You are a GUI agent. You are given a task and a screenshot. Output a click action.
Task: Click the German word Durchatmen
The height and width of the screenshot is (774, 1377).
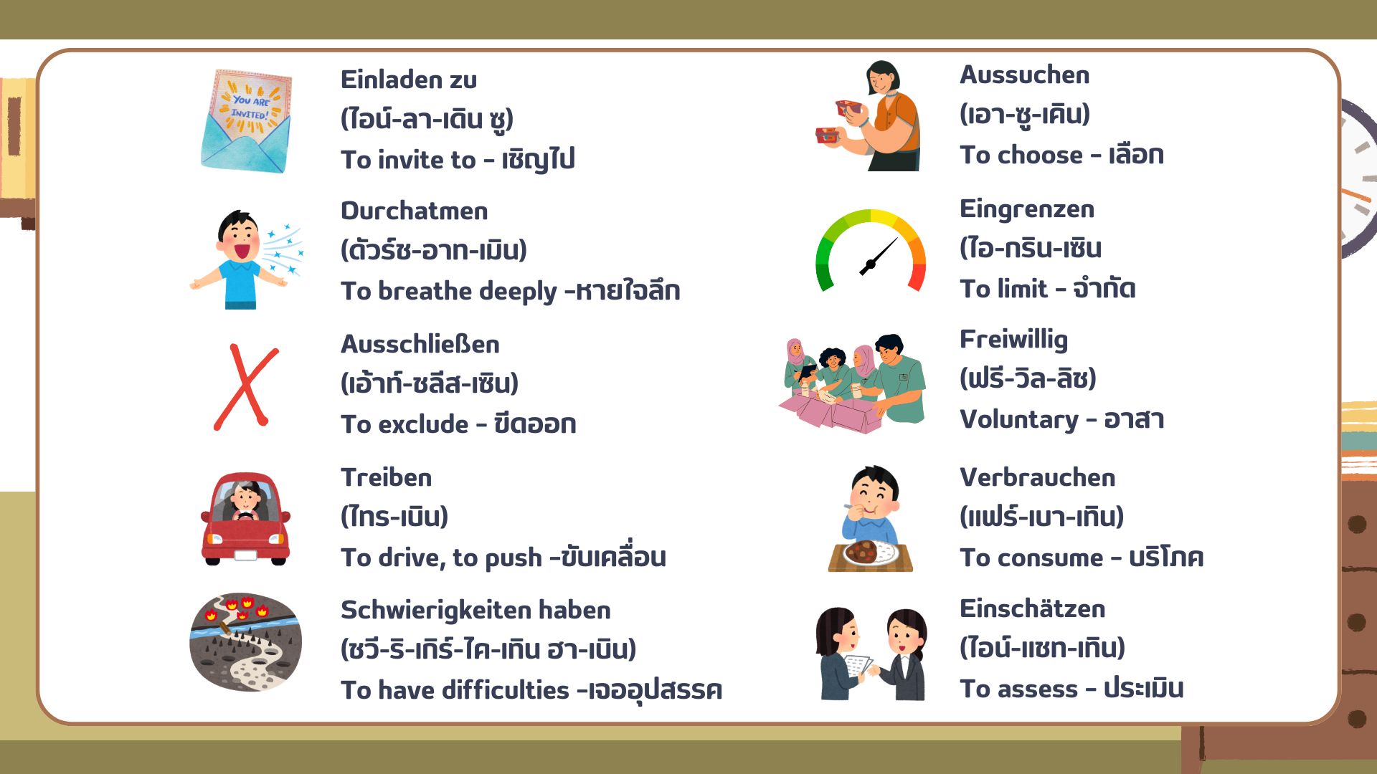(414, 211)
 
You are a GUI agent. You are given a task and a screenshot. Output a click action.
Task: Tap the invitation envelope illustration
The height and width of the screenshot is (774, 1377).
(247, 121)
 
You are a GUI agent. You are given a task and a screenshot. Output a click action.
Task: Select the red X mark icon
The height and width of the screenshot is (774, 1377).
(246, 387)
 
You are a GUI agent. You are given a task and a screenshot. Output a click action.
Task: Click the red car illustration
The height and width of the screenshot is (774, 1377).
(245, 519)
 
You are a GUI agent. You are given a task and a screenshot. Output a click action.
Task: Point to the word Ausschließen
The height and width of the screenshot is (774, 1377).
(420, 345)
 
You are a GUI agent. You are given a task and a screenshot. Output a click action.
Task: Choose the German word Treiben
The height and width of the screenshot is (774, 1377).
(386, 478)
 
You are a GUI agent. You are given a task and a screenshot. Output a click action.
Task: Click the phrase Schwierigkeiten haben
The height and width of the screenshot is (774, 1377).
(475, 611)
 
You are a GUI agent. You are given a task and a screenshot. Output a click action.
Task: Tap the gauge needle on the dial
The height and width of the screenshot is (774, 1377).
(878, 257)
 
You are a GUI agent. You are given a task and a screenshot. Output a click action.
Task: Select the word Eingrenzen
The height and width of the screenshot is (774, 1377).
(1027, 210)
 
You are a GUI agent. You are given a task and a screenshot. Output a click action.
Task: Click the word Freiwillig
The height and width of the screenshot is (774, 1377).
(1013, 340)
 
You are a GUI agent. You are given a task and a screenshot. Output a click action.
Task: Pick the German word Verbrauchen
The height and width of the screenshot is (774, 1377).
(1037, 478)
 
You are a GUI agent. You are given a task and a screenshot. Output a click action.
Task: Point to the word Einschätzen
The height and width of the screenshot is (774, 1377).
(1032, 609)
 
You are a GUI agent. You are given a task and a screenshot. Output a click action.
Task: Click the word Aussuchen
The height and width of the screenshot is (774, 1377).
(1024, 75)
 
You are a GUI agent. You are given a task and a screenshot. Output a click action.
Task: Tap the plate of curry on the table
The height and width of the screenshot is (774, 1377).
(871, 553)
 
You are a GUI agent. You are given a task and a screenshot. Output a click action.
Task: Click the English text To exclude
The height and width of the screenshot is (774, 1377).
(404, 425)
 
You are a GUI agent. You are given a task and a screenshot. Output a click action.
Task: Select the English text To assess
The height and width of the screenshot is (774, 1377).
(1018, 689)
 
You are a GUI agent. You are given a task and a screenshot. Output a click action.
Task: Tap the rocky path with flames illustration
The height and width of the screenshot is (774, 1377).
(245, 642)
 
